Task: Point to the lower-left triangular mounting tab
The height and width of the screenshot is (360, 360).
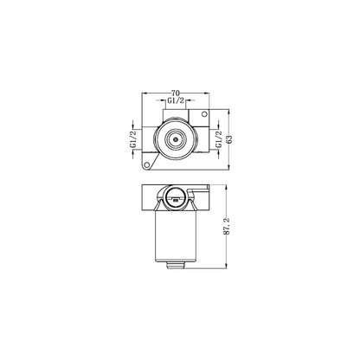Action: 148,161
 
